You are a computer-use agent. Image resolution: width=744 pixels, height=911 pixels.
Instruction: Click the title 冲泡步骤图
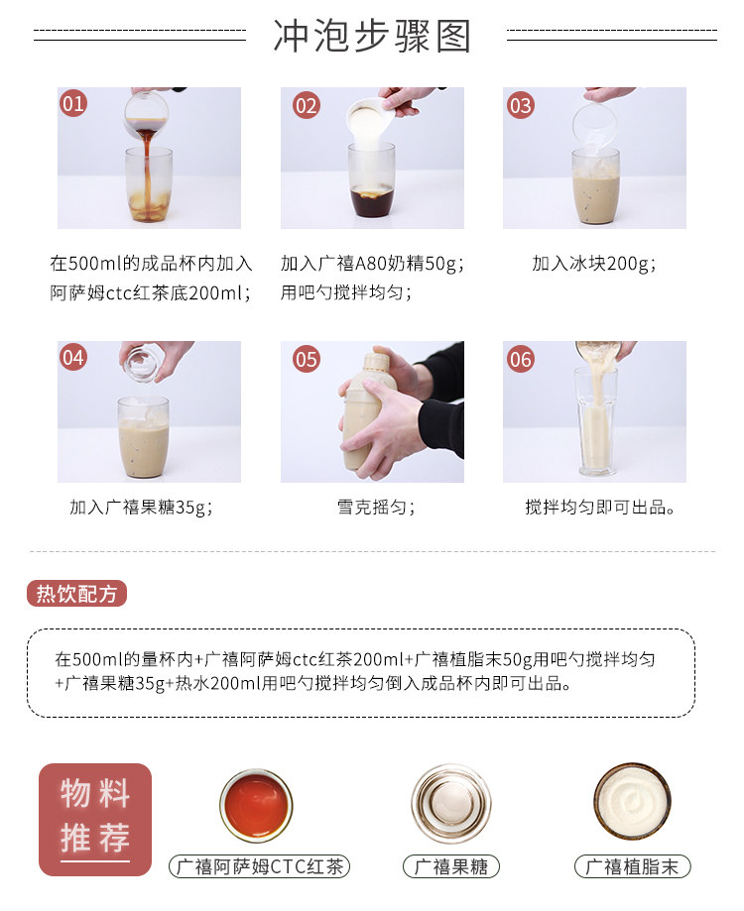pos(371,36)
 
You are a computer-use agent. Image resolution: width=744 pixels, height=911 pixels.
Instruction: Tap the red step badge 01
pos(73,103)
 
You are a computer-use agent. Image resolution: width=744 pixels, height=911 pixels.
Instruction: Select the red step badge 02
pos(307,106)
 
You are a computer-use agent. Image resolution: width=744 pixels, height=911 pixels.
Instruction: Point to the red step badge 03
pos(520,106)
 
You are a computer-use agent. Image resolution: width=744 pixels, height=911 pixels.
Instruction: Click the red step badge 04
pos(73,357)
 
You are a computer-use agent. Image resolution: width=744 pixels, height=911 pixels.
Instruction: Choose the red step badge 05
pos(307,359)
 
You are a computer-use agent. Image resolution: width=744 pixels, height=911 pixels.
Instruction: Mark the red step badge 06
pos(520,359)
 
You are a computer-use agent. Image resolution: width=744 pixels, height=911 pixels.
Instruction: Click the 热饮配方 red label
pos(76,593)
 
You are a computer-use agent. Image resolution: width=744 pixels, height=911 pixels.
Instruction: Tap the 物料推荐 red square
pos(95,819)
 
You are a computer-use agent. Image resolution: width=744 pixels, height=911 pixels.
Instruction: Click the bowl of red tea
pos(256,805)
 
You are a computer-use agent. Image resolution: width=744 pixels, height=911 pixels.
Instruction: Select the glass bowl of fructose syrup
pos(451,804)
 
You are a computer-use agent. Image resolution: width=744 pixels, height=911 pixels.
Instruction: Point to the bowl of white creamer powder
pos(633,802)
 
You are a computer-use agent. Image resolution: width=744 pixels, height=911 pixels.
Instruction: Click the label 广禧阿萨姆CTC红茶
pos(259,866)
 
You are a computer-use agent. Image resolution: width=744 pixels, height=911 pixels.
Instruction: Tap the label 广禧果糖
pos(451,866)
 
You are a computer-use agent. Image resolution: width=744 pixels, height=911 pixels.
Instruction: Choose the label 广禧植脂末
pos(633,866)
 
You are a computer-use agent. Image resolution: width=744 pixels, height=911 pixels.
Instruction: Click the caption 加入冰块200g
pos(594,264)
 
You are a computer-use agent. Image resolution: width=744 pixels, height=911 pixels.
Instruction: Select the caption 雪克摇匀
pos(376,508)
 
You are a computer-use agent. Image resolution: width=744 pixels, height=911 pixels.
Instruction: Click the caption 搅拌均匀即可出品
pos(600,508)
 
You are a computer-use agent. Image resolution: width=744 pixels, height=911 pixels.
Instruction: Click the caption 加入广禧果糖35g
pos(141,508)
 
